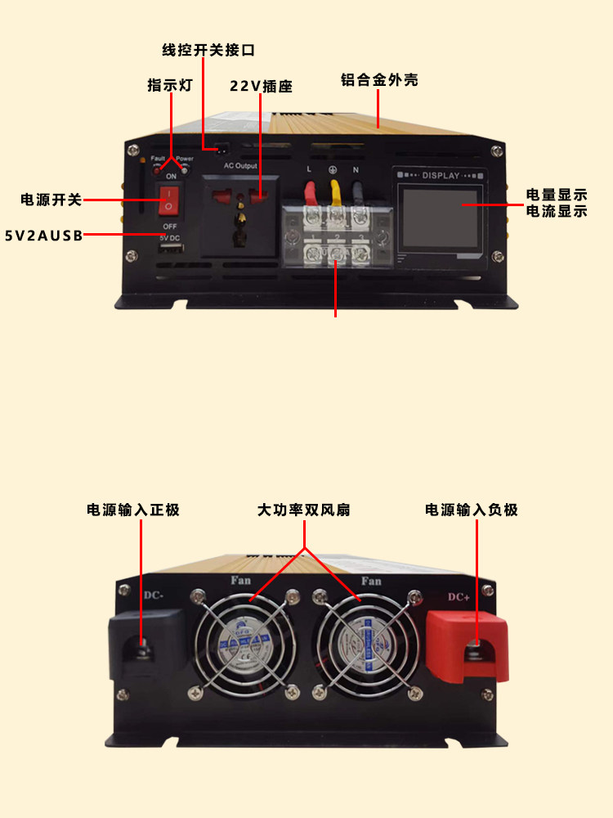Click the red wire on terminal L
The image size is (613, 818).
(x=312, y=193)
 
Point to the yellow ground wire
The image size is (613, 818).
(x=335, y=193)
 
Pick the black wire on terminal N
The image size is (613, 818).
(x=359, y=193)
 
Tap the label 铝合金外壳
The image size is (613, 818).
(x=379, y=81)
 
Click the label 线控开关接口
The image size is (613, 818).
(x=208, y=50)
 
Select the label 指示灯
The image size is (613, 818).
(x=170, y=85)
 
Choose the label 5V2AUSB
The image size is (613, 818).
(x=43, y=236)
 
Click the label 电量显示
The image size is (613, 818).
(x=557, y=195)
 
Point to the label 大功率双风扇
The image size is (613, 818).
(x=304, y=510)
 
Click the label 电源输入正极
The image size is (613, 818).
(x=133, y=510)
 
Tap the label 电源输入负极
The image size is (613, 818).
(x=472, y=510)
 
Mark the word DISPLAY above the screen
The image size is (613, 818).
(x=442, y=174)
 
